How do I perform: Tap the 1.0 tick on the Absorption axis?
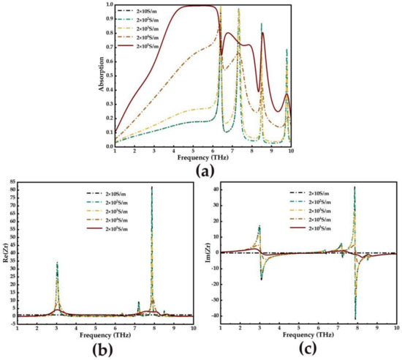tap(107, 5)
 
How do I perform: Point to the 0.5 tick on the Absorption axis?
tap(107, 75)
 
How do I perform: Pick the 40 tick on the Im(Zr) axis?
tap(216, 189)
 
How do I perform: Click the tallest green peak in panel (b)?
tap(152, 187)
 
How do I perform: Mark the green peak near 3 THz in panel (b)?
tap(57, 263)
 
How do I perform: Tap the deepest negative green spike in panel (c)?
tap(355, 318)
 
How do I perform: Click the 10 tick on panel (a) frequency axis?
tap(291, 149)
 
